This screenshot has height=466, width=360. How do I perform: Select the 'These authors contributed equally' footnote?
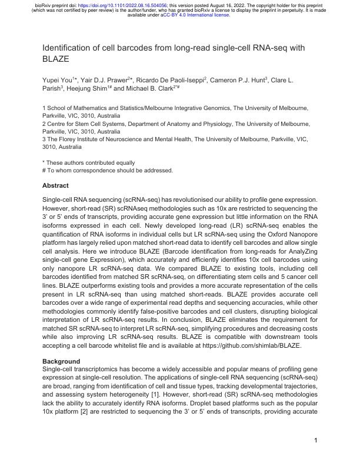[88, 162]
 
